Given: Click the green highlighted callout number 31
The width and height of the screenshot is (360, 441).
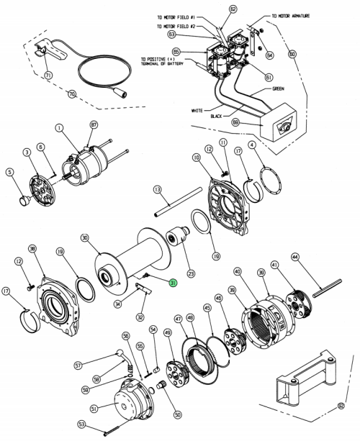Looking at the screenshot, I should pos(172,283).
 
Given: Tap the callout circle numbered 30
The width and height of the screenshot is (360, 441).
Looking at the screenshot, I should pos(84,237).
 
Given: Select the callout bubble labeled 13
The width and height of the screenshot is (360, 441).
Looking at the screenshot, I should pos(156,189).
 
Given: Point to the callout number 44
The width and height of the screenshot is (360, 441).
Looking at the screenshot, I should pos(294,256).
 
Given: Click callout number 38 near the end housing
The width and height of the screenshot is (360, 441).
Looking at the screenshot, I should pos(32,248).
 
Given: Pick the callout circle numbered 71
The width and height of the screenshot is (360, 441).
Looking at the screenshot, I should pos(48,75).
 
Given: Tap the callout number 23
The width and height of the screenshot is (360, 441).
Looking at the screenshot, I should pos(191,273).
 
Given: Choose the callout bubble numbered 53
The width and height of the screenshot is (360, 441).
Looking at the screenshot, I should pos(82,424).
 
